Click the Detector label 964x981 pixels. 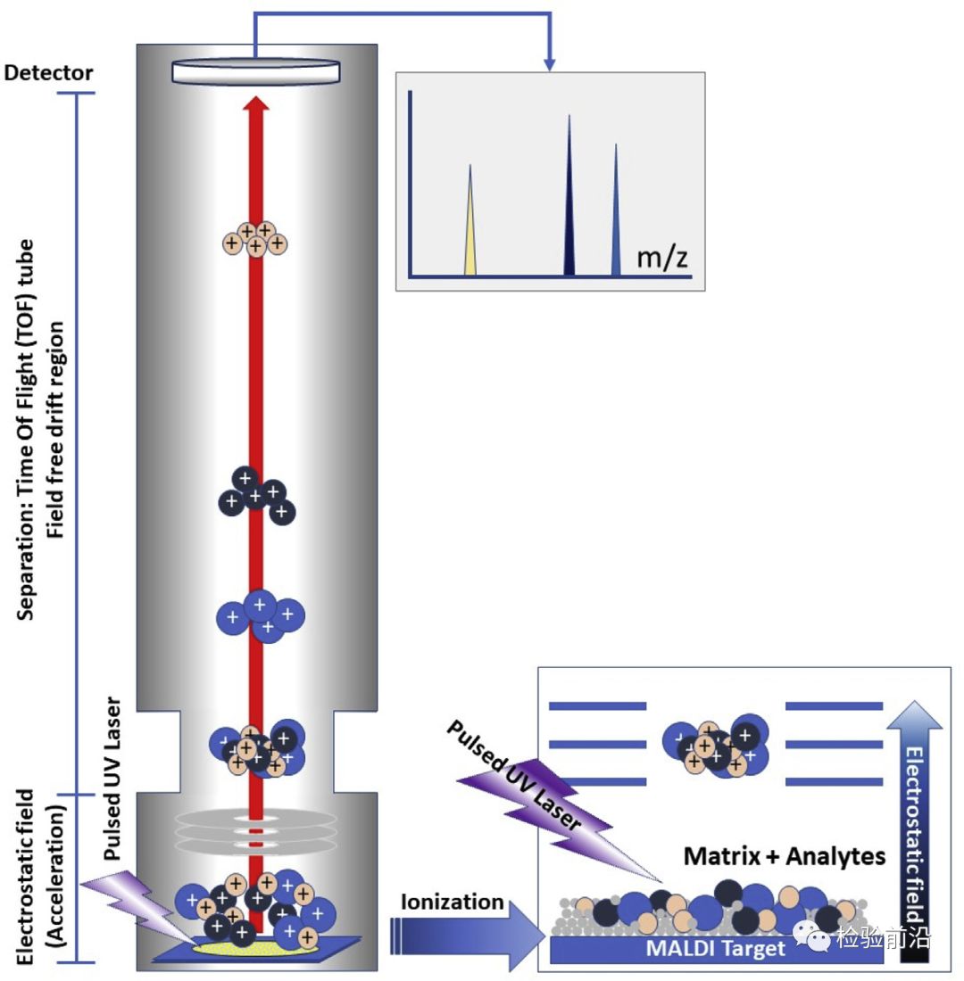point(49,73)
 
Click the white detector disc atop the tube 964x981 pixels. point(256,70)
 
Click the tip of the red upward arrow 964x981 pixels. point(256,103)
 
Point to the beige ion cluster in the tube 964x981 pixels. point(255,238)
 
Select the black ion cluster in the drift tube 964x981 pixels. point(257,494)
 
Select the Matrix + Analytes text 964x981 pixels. point(784,857)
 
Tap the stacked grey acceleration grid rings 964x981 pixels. point(256,829)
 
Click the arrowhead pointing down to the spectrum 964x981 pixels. point(550,65)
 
